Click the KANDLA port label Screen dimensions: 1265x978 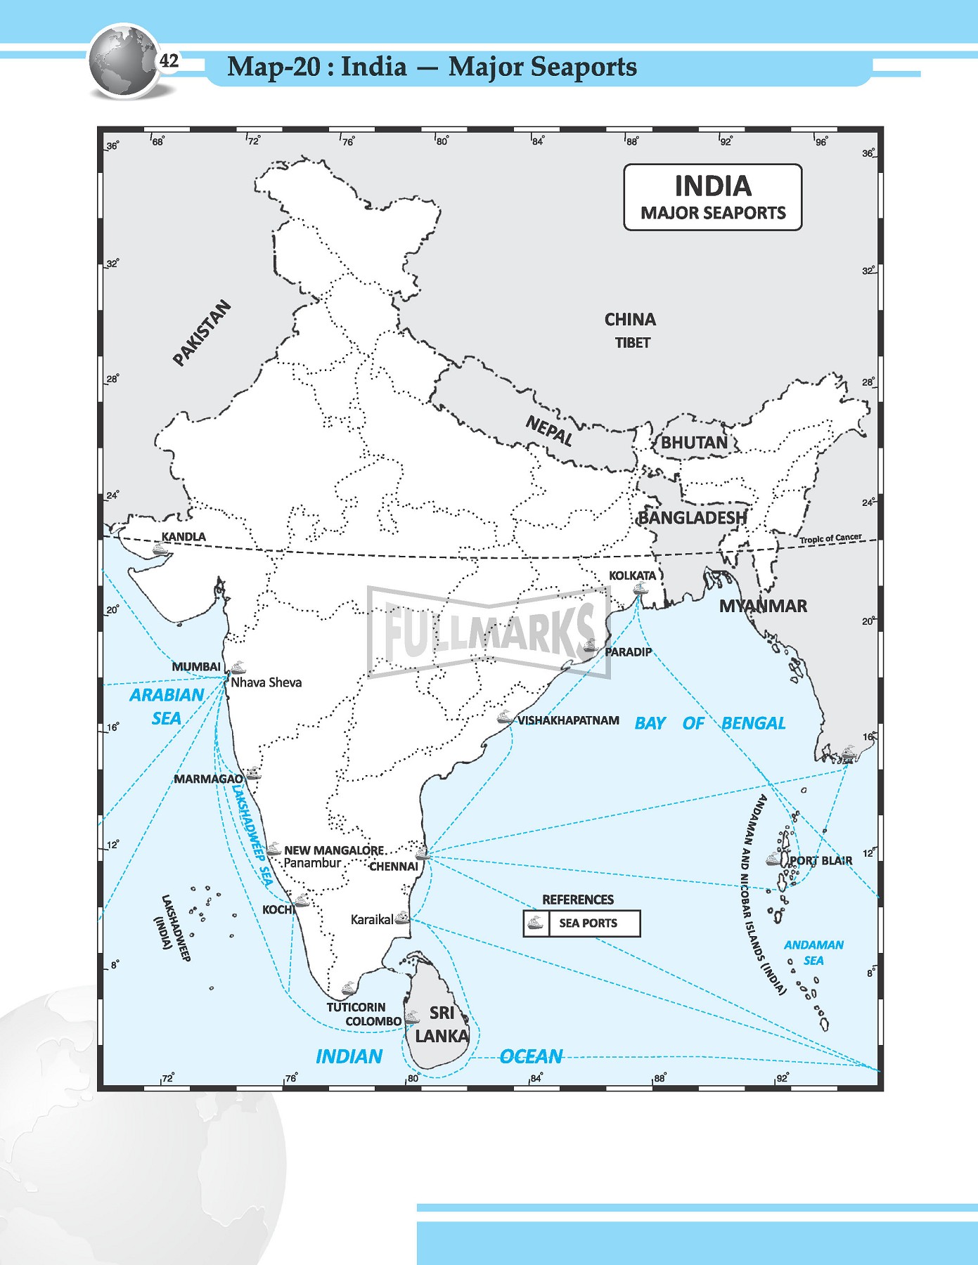[x=184, y=537]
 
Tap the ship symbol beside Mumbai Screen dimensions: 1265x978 [x=239, y=667]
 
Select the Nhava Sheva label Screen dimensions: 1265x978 [x=266, y=682]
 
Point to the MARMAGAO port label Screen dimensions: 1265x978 [x=208, y=779]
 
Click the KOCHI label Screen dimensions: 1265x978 [x=277, y=909]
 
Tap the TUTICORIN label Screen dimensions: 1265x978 [x=356, y=1007]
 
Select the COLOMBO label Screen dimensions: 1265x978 [x=373, y=1021]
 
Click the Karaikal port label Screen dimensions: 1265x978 [x=371, y=919]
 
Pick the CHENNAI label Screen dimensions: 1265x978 [x=393, y=867]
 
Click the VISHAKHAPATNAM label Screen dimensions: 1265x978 [x=568, y=720]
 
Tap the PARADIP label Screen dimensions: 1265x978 [x=628, y=652]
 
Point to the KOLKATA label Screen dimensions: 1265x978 [x=632, y=576]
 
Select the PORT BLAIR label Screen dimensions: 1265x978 [x=821, y=860]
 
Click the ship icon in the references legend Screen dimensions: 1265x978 [x=536, y=923]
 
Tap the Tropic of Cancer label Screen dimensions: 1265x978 [x=830, y=538]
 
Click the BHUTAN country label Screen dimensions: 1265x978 [x=694, y=443]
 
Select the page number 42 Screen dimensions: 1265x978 [x=169, y=61]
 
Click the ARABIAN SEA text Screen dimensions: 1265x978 [x=167, y=706]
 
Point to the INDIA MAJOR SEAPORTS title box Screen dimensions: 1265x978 [x=712, y=197]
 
